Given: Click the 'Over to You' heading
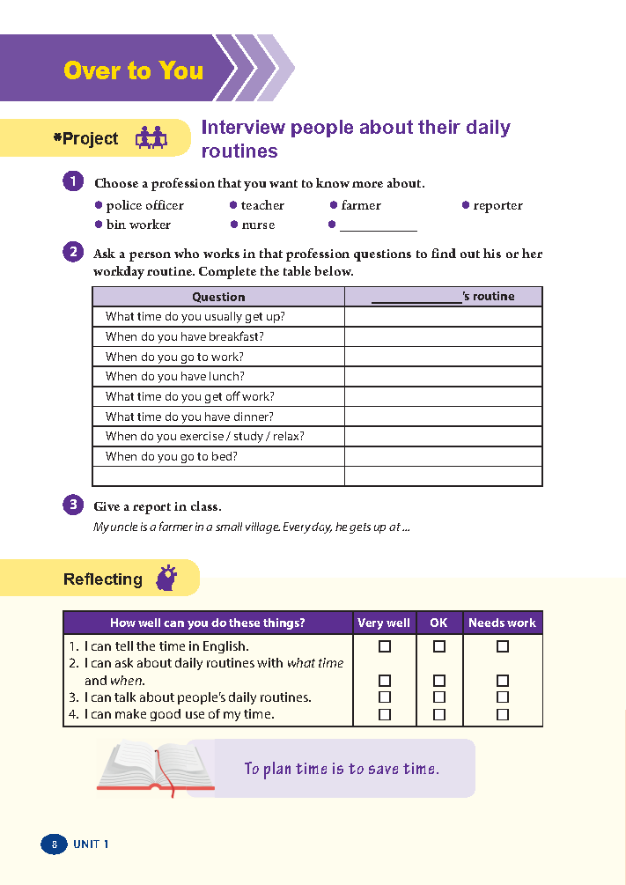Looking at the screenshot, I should pyautogui.click(x=134, y=70).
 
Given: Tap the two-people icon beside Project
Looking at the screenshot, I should pyautogui.click(x=151, y=138).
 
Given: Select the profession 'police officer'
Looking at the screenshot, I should pyautogui.click(x=144, y=205).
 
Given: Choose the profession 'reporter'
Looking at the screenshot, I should pyautogui.click(x=497, y=205).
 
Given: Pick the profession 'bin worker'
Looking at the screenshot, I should pyautogui.click(x=138, y=225).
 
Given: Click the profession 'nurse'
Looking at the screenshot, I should pyautogui.click(x=258, y=225).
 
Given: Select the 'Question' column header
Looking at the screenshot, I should pyautogui.click(x=218, y=297).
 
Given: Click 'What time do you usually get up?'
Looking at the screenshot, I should pyautogui.click(x=195, y=317).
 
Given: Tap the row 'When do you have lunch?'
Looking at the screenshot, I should pyautogui.click(x=174, y=377).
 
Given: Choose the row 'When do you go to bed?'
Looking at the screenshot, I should pyautogui.click(x=171, y=456).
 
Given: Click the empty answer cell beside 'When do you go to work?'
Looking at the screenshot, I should pyautogui.click(x=443, y=357).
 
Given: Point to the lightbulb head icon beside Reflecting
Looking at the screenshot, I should pyautogui.click(x=166, y=578).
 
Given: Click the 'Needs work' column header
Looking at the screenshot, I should pyautogui.click(x=502, y=623).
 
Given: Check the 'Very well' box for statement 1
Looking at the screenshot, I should pyautogui.click(x=384, y=646).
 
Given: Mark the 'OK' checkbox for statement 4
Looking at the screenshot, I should pyautogui.click(x=439, y=714).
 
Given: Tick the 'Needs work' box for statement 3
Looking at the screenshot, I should pyautogui.click(x=503, y=697).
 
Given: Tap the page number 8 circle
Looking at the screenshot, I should pyautogui.click(x=54, y=844).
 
